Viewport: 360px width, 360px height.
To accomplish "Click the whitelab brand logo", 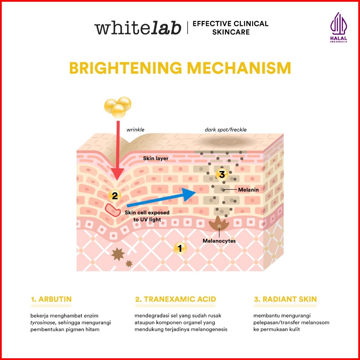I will point(138,28).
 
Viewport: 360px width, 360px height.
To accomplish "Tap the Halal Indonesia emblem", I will point(338,28).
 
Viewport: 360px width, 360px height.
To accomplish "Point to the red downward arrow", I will point(118,150).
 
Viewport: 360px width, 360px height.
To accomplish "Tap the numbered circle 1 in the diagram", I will point(180,248).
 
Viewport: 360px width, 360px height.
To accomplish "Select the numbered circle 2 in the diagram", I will point(115,195).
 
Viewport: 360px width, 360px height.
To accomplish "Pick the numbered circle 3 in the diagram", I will point(221,174).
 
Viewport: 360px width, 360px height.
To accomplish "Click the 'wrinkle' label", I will point(135,130).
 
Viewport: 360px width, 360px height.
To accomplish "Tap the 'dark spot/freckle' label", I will point(226,130).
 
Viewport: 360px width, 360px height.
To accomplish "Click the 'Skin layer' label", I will point(156,158).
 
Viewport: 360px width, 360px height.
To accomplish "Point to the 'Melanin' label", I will point(248,190).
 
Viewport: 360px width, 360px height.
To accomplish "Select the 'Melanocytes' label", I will point(219,241).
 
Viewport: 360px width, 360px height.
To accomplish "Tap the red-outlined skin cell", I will point(112,210).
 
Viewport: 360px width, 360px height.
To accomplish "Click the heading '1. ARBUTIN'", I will point(51,299).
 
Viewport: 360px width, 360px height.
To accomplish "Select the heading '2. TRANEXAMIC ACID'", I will point(175,299).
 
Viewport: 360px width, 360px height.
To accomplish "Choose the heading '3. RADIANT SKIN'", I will point(285,299).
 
